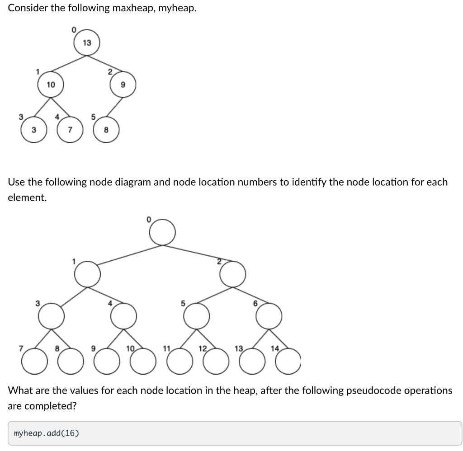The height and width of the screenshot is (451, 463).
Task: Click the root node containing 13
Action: point(87,43)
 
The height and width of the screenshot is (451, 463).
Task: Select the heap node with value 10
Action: point(50,85)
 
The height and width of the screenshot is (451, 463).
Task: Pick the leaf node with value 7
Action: point(70,130)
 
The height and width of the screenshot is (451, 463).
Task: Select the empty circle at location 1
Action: point(88,274)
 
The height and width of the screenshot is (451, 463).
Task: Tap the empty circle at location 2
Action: point(233,274)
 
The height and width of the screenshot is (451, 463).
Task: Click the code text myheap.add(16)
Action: point(46,433)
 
